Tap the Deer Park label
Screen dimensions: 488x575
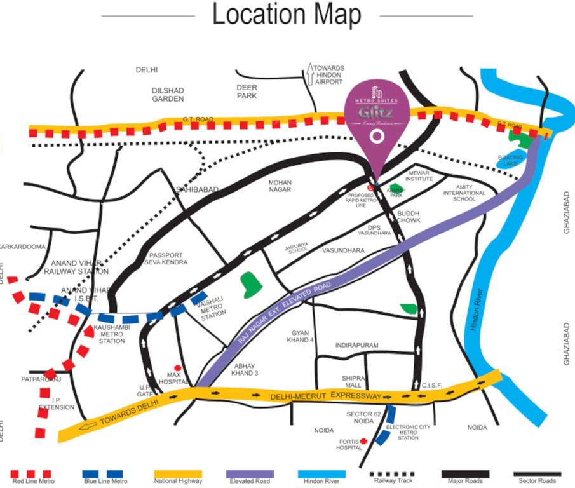pyautogui.click(x=246, y=91)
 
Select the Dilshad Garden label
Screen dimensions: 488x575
pyautogui.click(x=168, y=95)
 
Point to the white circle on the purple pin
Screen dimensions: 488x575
pyautogui.click(x=377, y=136)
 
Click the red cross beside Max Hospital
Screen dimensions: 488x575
pyautogui.click(x=178, y=369)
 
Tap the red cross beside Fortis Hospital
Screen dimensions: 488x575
pyautogui.click(x=363, y=440)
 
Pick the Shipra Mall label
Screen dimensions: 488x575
pyautogui.click(x=354, y=381)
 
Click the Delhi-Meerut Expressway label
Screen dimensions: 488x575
pyautogui.click(x=326, y=396)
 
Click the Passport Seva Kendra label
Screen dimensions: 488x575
pyautogui.click(x=166, y=259)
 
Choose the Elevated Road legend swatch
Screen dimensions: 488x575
pyautogui.click(x=250, y=474)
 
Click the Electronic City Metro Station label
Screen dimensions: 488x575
pyautogui.click(x=408, y=432)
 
